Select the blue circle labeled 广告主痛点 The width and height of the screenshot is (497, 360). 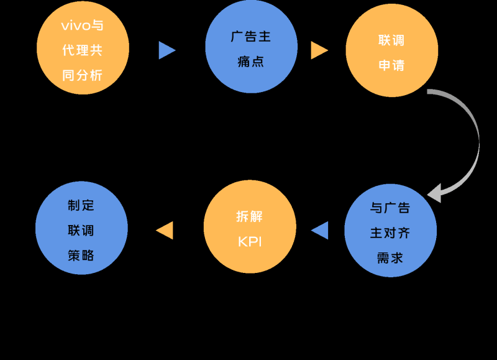coord(251,47)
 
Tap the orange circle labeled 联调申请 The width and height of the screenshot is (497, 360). coord(391,51)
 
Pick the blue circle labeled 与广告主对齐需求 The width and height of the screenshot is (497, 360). coord(390,231)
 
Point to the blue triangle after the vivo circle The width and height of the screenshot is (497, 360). coord(166,50)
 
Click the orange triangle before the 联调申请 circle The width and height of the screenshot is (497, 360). coord(319,50)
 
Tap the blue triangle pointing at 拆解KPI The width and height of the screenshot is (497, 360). coord(320,230)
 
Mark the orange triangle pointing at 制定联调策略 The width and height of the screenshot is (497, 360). coord(165,230)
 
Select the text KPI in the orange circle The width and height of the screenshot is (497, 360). coord(250,242)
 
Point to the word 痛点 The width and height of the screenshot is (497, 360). coord(251,62)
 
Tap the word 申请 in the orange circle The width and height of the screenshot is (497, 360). coord(391,65)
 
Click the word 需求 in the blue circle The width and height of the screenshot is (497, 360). coord(390,257)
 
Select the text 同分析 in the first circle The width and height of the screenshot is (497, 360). coord(83,75)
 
